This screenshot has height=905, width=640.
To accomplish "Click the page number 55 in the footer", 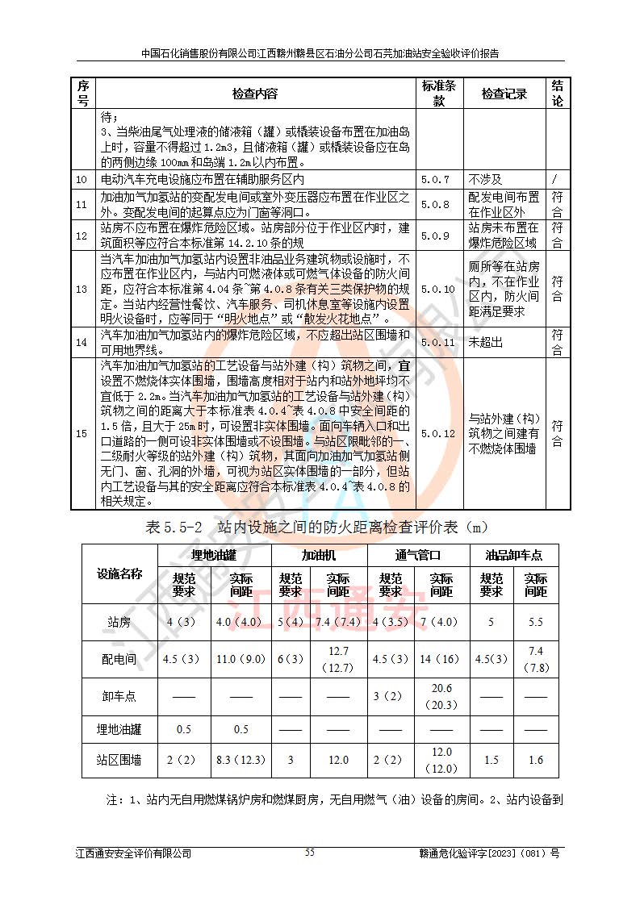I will pyautogui.click(x=310, y=853).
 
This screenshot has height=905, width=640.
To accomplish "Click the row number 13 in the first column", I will pyautogui.click(x=82, y=288).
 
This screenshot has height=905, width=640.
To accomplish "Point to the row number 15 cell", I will pyautogui.click(x=82, y=433).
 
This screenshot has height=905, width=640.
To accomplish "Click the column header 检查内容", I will pyautogui.click(x=254, y=94).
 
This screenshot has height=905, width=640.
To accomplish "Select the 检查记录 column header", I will pyautogui.click(x=504, y=94).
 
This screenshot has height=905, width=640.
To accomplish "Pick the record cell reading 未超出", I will pyautogui.click(x=485, y=342).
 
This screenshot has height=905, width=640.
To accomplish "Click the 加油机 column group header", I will pyautogui.click(x=320, y=555).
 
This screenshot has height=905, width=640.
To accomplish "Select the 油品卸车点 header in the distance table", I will pyautogui.click(x=513, y=555).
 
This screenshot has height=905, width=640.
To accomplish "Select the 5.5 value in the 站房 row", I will pyautogui.click(x=536, y=623).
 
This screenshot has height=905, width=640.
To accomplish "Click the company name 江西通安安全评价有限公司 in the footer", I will pyautogui.click(x=134, y=853).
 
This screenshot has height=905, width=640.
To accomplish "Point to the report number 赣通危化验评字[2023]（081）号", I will pyautogui.click(x=489, y=853).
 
